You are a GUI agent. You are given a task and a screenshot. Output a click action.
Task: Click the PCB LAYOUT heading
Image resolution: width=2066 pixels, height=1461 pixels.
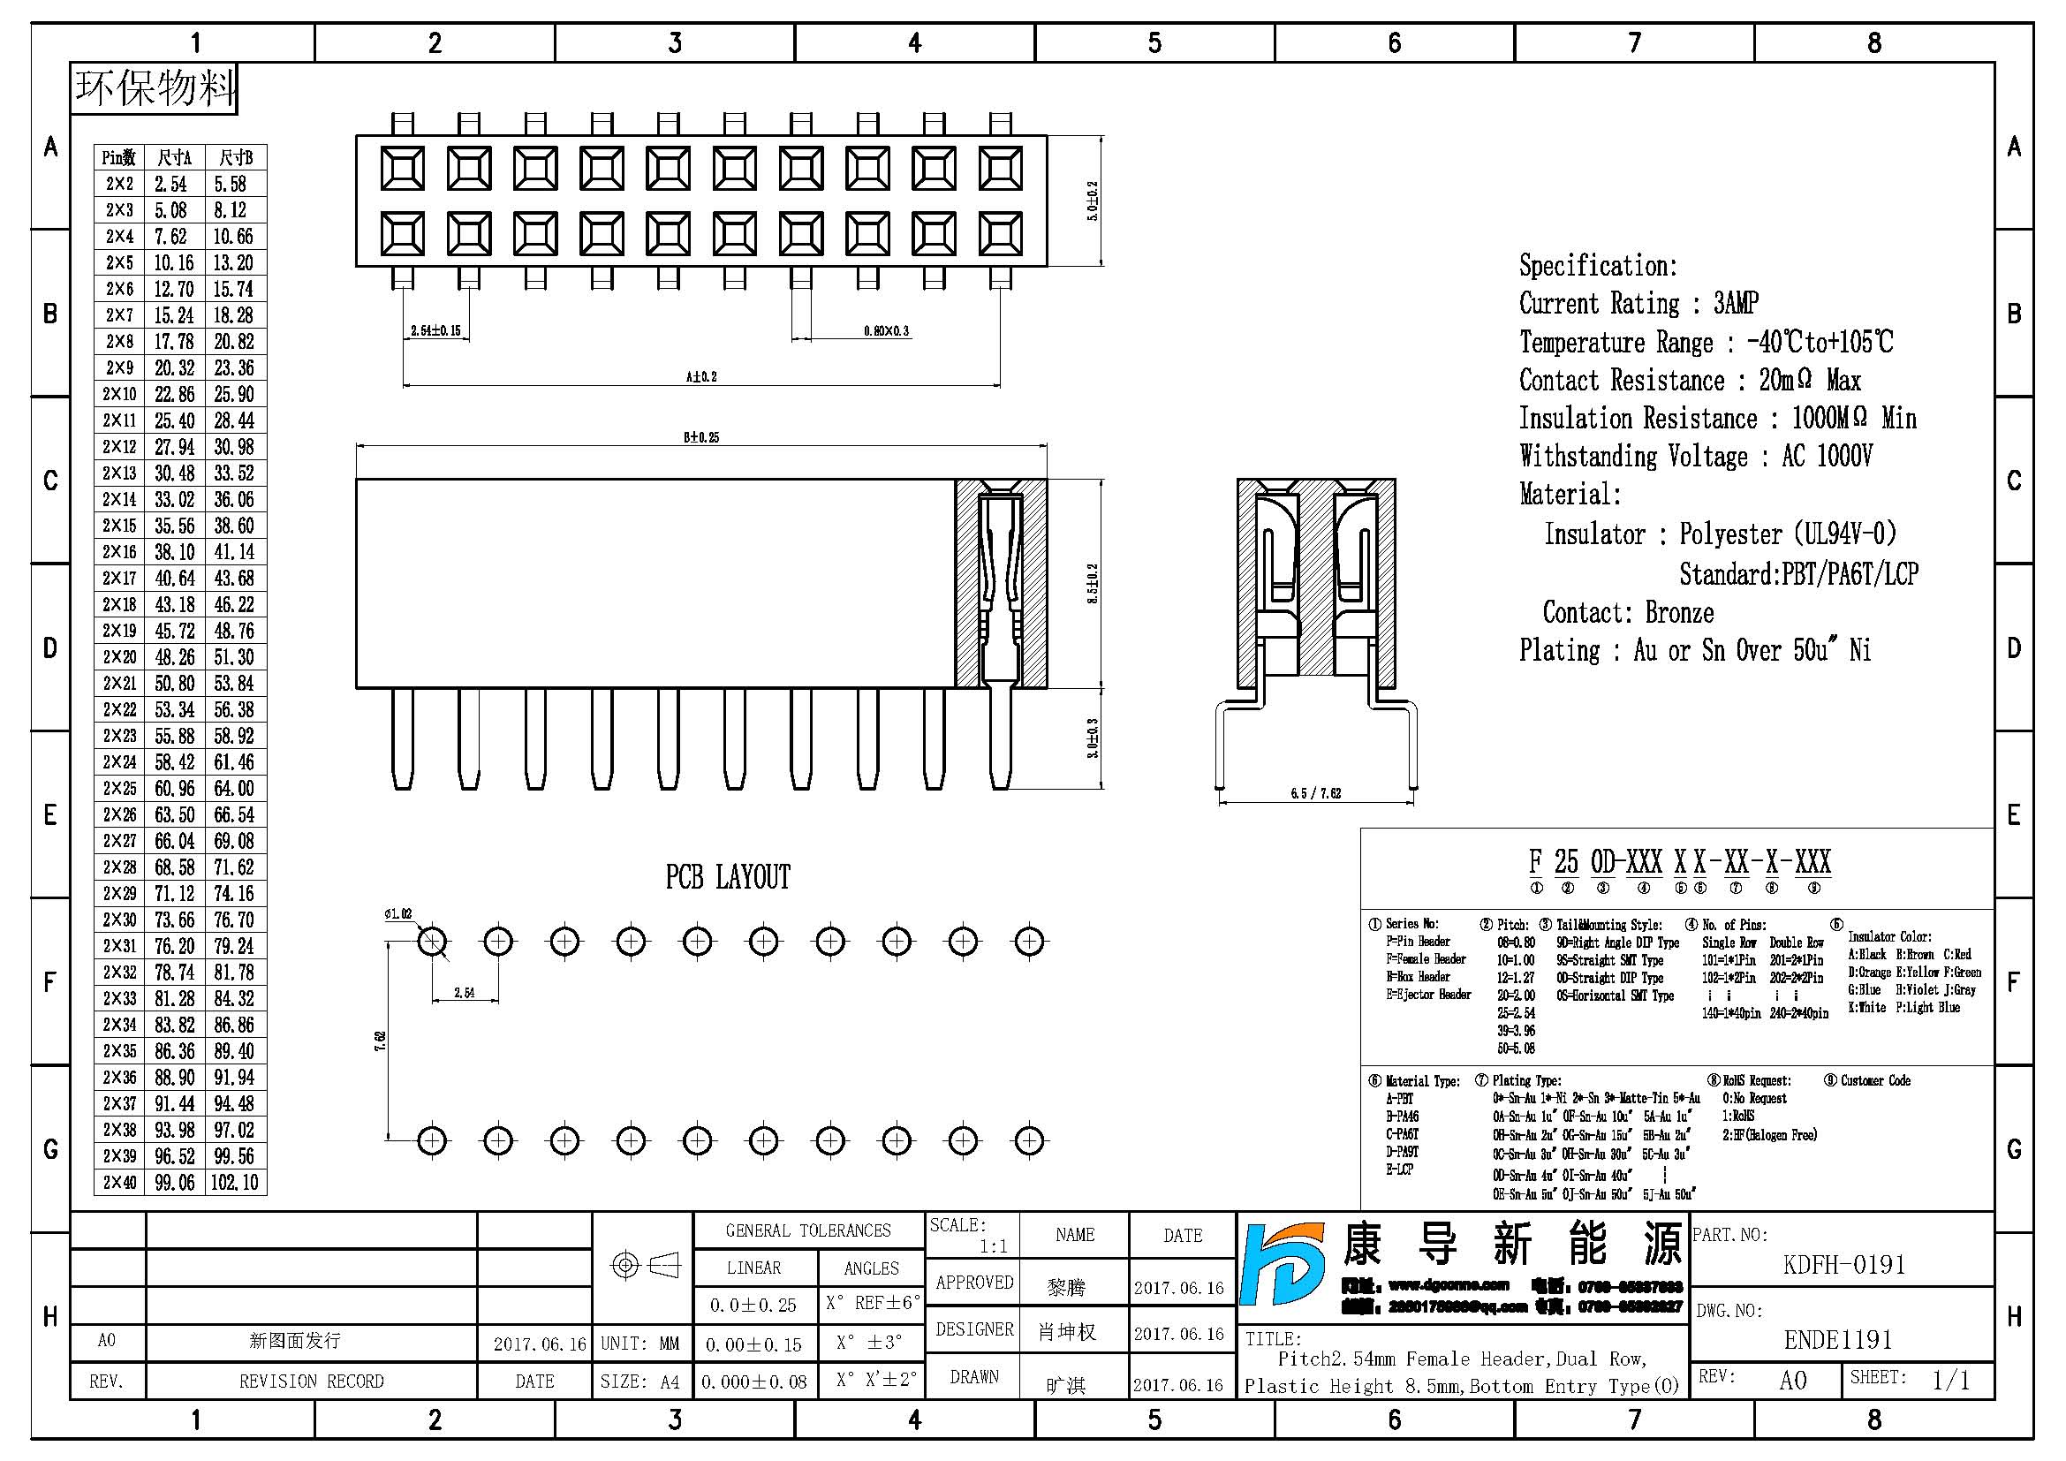click(x=727, y=876)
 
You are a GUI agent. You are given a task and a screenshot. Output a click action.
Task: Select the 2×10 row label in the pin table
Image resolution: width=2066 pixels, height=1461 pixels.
click(x=119, y=394)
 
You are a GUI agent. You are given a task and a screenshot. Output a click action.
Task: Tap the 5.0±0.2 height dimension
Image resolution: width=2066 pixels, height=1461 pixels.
click(x=1093, y=201)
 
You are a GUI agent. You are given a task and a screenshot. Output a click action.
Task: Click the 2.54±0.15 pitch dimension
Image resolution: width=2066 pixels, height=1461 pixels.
click(x=435, y=330)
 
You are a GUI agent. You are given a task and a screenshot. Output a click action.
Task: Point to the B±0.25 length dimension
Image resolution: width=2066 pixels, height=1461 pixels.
click(x=701, y=437)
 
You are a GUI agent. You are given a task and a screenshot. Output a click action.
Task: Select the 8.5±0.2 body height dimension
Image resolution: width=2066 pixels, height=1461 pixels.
click(x=1093, y=583)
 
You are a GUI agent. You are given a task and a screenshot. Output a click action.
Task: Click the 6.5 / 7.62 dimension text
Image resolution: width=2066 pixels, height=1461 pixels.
click(x=1315, y=792)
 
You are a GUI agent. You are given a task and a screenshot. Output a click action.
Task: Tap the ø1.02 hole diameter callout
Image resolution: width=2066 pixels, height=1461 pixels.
click(x=397, y=914)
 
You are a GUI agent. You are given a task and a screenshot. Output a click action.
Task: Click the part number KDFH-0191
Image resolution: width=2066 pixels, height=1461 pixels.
click(x=1843, y=1265)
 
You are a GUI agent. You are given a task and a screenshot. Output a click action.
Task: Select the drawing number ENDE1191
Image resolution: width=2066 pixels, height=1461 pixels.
click(x=1837, y=1340)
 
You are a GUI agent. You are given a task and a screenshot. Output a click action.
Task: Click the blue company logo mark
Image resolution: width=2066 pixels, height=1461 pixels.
click(x=1283, y=1264)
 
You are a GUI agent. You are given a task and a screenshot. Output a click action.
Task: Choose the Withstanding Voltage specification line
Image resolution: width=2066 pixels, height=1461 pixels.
click(x=1695, y=456)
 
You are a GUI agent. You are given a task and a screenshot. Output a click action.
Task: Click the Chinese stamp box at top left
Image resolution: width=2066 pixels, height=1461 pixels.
click(x=154, y=88)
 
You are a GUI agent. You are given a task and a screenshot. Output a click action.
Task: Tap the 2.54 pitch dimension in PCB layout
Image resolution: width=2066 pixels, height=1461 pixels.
click(x=465, y=992)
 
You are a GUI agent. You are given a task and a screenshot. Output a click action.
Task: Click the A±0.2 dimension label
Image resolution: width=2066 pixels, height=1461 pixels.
click(x=701, y=376)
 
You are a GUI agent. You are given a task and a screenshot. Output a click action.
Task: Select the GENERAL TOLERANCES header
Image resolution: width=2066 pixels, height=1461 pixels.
click(x=808, y=1230)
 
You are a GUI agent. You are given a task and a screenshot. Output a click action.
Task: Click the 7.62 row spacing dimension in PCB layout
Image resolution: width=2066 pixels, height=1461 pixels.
click(x=380, y=1041)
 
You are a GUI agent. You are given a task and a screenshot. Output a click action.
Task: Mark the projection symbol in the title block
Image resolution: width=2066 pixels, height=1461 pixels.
click(x=645, y=1265)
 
